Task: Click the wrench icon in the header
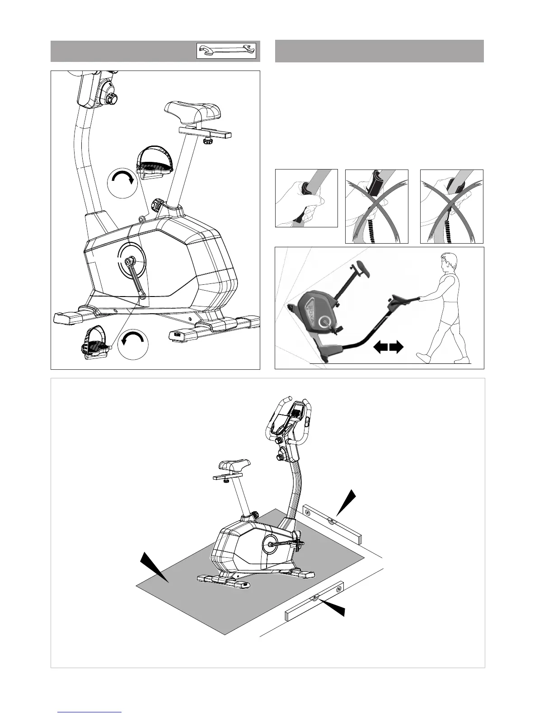click(x=226, y=51)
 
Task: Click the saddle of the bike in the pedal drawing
click(x=193, y=111)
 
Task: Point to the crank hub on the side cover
click(x=131, y=261)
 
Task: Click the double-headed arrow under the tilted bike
click(x=388, y=347)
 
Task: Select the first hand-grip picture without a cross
click(x=306, y=198)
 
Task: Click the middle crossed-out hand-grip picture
click(x=377, y=207)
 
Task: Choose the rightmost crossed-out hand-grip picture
click(x=452, y=207)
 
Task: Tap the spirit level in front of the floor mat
click(x=314, y=600)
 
